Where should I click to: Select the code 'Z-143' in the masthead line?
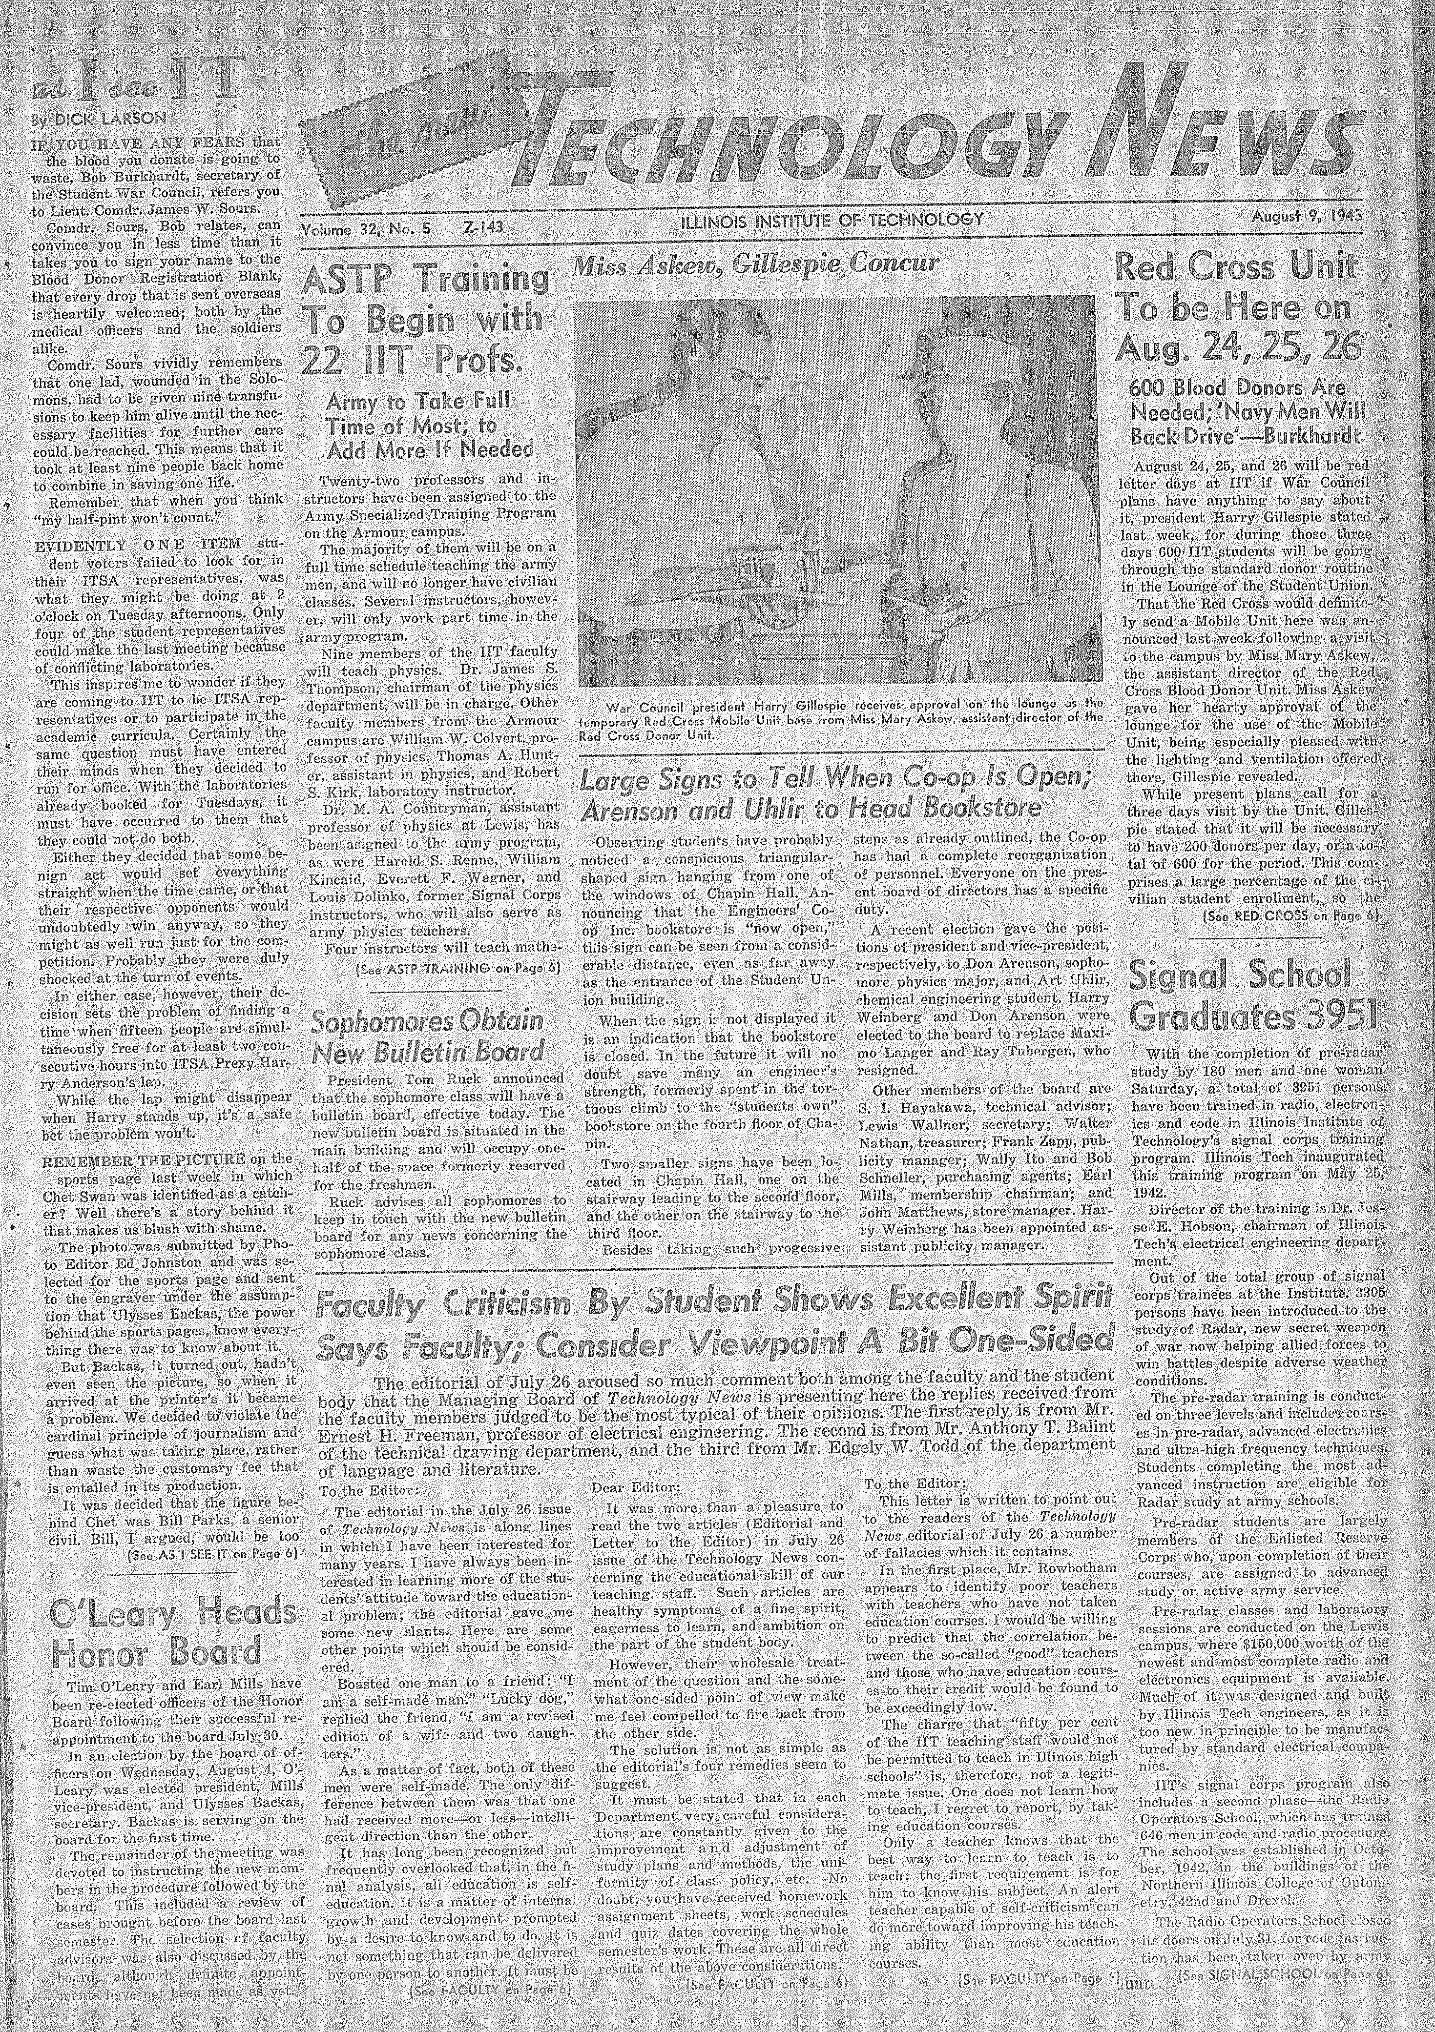point(482,227)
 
